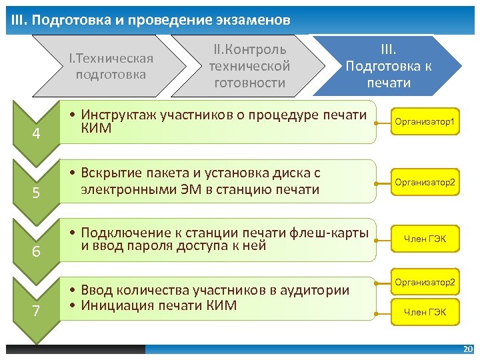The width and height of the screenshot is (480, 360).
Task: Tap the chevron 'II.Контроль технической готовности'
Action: tap(249, 66)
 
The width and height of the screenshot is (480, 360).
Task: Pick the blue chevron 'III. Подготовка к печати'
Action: tap(387, 66)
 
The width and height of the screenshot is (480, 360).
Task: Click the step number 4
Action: tap(37, 134)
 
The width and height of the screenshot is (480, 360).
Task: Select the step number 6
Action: tap(37, 252)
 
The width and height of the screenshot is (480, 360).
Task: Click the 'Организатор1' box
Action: tap(425, 123)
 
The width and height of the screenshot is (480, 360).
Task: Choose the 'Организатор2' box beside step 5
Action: tap(425, 182)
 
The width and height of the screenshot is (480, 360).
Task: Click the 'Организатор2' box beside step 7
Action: tap(425, 283)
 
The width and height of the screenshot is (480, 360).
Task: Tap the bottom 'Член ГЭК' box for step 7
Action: tap(425, 311)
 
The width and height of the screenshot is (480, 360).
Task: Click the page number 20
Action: tap(467, 349)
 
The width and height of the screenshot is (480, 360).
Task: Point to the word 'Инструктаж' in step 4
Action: tap(118, 115)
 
